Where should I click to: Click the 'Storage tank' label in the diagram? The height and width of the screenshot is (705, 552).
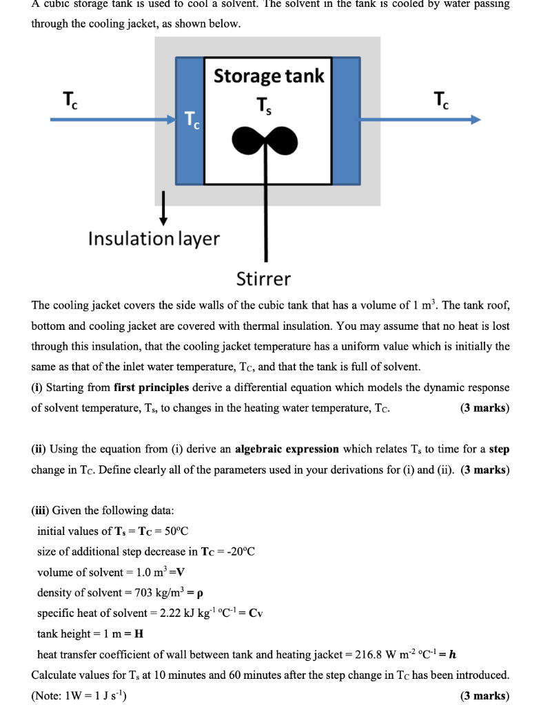click(x=269, y=76)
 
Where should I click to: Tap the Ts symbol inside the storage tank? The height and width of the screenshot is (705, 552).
click(x=263, y=106)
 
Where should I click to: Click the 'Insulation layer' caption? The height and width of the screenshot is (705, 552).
click(x=154, y=239)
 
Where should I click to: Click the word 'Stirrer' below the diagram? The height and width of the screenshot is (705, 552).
click(x=263, y=279)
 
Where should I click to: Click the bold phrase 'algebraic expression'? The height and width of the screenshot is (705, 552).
click(x=287, y=449)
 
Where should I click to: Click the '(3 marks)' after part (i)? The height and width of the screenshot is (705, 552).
click(x=484, y=408)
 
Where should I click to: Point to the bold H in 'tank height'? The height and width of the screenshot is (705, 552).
click(x=139, y=633)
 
